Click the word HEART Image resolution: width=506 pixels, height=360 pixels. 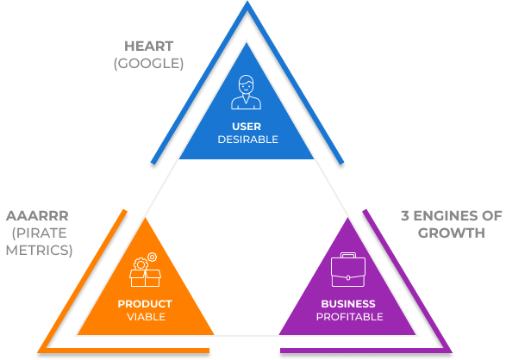(x=149, y=47)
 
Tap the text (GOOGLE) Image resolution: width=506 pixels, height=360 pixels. (x=149, y=63)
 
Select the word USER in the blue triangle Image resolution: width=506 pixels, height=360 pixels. (x=247, y=127)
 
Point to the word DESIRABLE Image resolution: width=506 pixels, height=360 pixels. (x=248, y=140)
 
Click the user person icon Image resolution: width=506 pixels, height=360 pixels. (x=247, y=92)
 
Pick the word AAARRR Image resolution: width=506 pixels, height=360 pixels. (x=37, y=216)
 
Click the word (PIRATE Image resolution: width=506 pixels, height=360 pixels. (x=40, y=233)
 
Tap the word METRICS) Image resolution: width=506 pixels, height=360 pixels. (x=39, y=250)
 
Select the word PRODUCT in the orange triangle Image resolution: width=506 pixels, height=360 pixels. (x=145, y=304)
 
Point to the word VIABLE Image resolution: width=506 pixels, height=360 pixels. (x=147, y=317)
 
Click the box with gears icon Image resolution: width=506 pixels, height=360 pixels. (x=145, y=270)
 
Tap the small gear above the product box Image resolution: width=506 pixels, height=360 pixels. (x=152, y=258)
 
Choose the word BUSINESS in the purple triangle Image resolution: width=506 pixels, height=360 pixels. (x=348, y=304)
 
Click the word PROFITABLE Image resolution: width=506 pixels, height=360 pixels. (x=349, y=317)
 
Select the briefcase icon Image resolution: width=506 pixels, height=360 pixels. (x=348, y=270)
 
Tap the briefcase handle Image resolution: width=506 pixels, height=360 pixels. (x=348, y=255)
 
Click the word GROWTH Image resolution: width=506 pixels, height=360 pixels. (x=452, y=233)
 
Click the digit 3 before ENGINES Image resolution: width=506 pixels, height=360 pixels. (x=405, y=216)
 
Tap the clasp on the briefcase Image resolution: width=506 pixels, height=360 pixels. (x=348, y=277)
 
